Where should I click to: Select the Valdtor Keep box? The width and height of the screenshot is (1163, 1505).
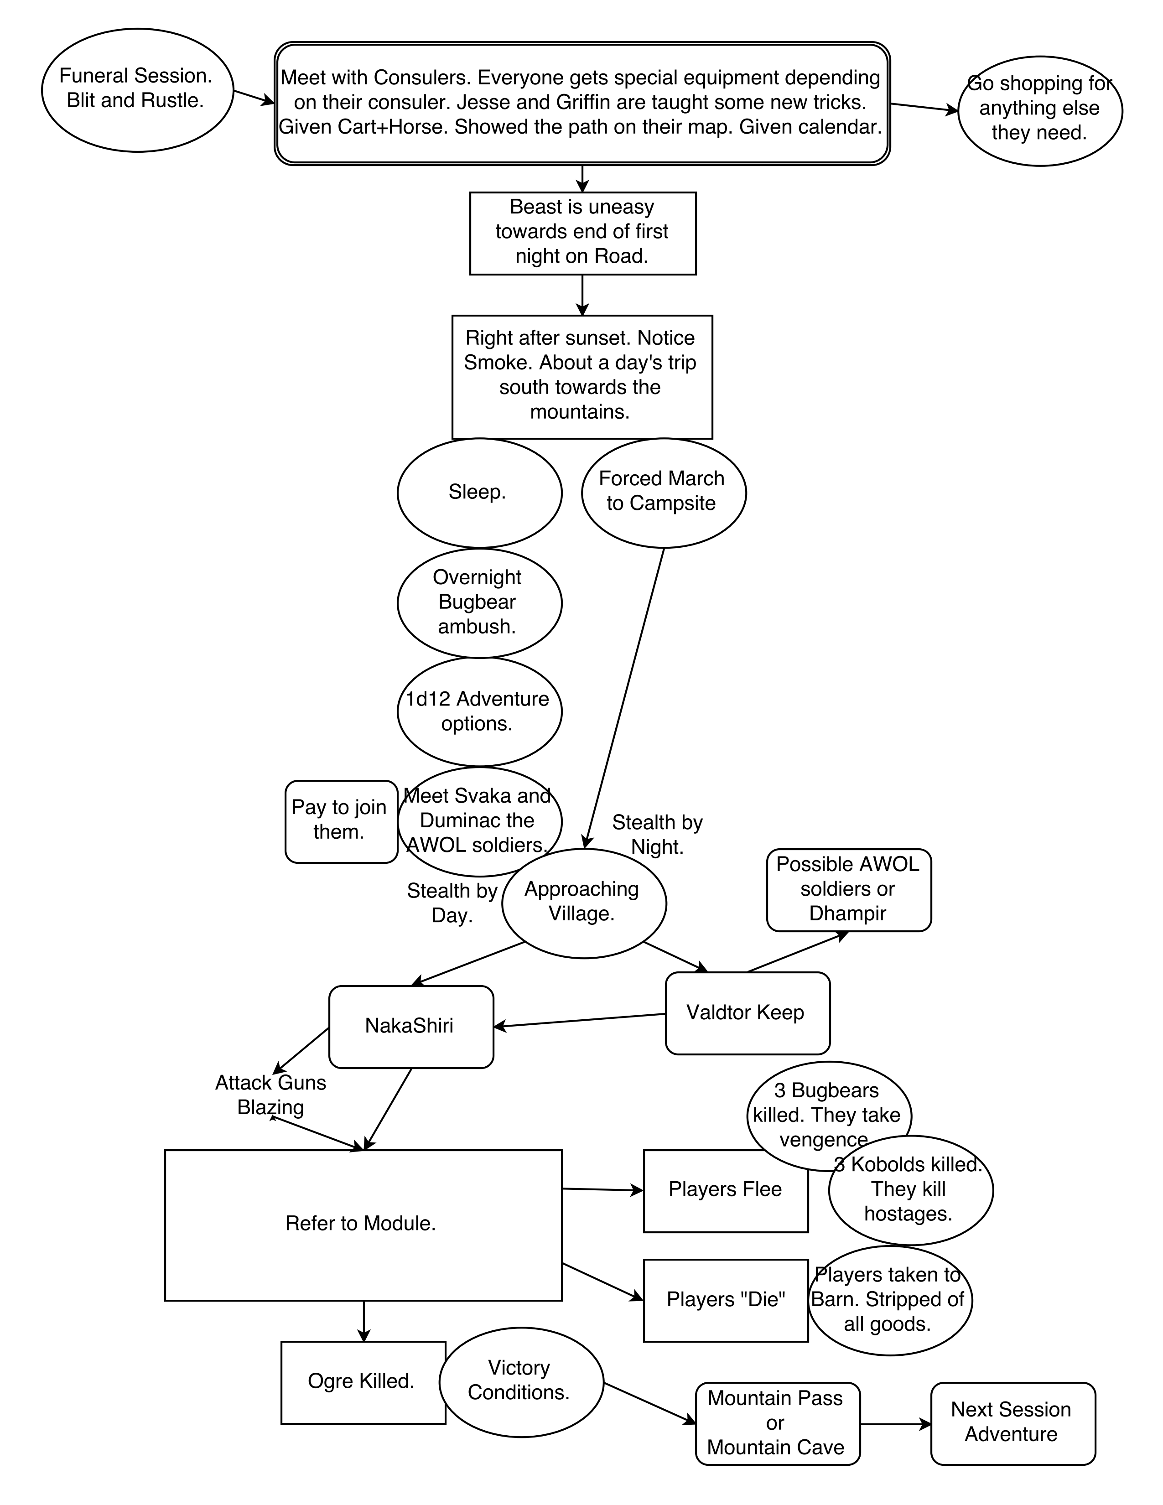(747, 1013)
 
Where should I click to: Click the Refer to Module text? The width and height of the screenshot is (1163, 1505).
(360, 1223)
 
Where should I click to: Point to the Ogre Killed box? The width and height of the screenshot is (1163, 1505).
(363, 1382)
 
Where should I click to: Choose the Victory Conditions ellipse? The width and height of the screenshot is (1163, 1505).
(521, 1381)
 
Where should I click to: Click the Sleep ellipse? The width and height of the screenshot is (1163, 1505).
(479, 492)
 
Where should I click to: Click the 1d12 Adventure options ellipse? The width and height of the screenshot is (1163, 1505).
(479, 711)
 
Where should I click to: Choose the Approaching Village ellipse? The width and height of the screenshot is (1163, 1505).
(584, 902)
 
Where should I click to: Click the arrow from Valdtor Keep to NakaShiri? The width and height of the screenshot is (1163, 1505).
(579, 1021)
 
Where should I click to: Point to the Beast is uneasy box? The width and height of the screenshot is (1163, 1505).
(582, 232)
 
